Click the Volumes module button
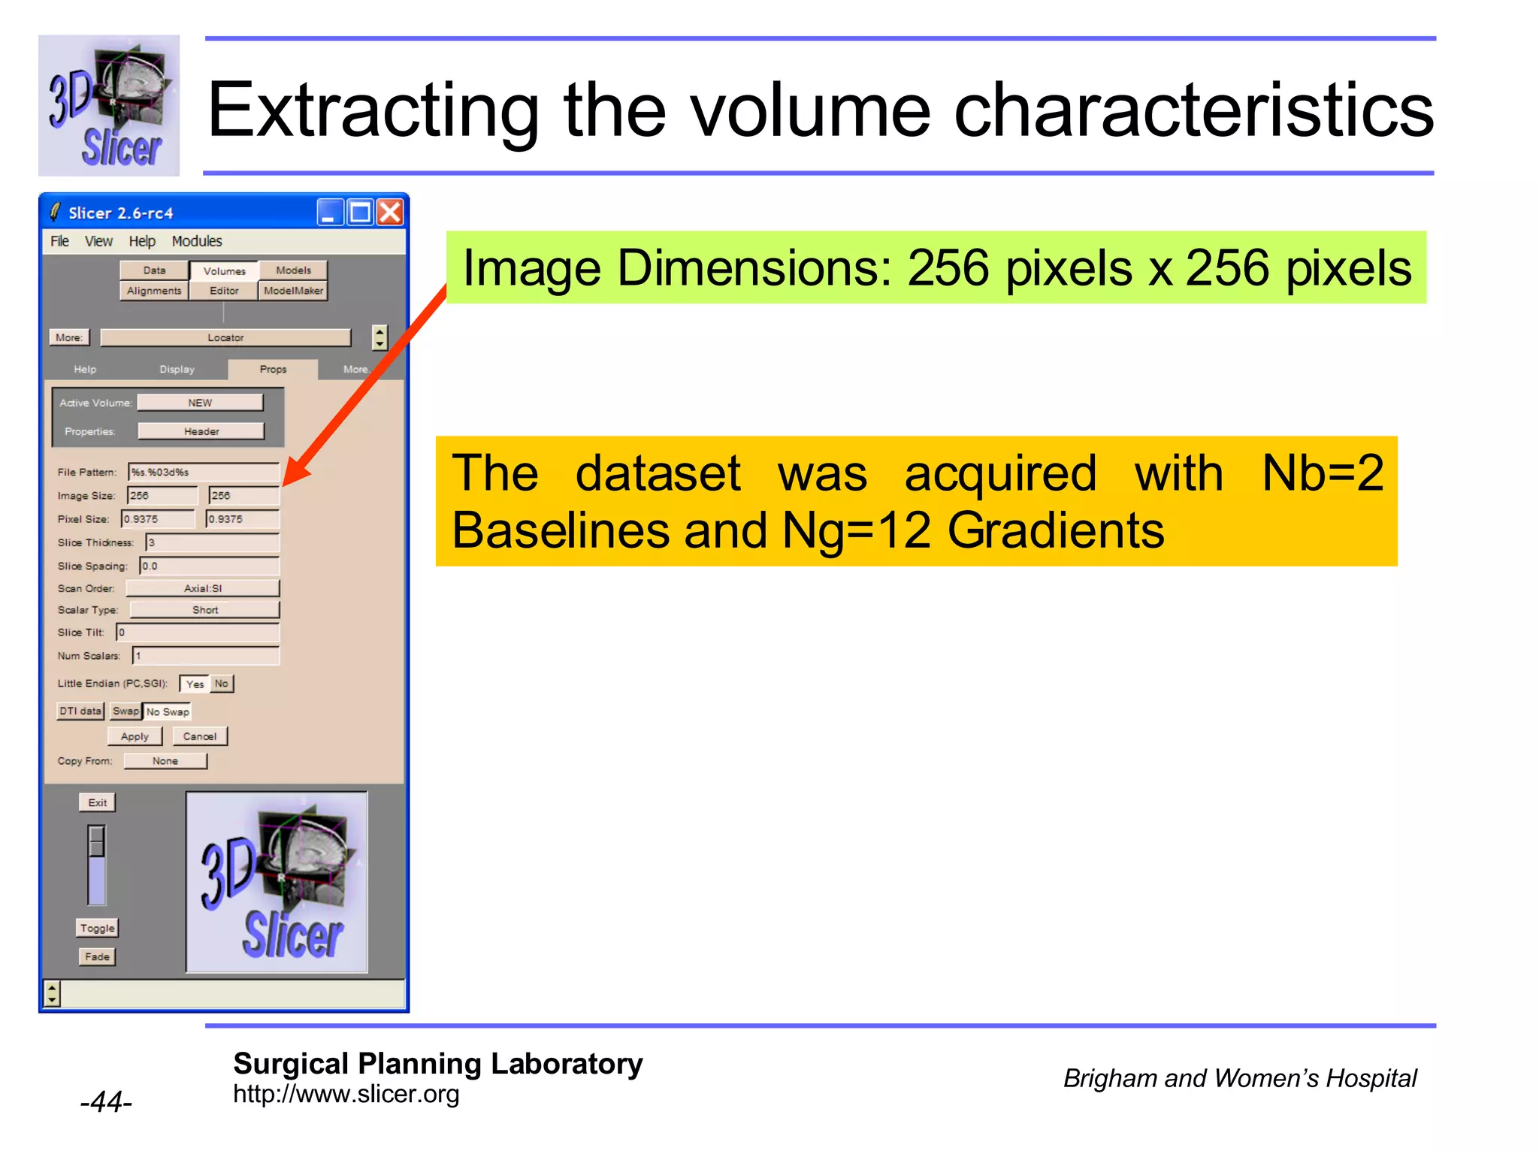(224, 270)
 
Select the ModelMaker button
(293, 291)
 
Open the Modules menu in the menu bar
(197, 241)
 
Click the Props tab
(273, 369)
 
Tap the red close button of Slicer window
(390, 213)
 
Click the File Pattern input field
(204, 472)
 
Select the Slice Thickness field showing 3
(213, 542)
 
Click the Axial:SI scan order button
(203, 588)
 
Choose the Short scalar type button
(204, 610)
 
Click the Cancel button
(200, 736)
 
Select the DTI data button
(80, 711)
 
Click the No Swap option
(168, 711)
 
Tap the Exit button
(98, 802)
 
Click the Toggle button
(98, 928)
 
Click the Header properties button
(201, 431)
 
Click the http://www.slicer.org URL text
(346, 1094)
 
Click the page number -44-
(106, 1102)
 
